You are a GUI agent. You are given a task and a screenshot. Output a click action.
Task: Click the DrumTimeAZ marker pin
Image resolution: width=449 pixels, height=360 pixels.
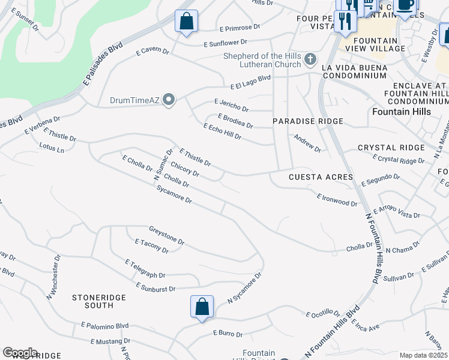(x=169, y=100)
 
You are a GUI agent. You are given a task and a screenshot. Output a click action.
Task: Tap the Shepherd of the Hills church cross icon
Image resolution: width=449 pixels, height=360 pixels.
(x=310, y=59)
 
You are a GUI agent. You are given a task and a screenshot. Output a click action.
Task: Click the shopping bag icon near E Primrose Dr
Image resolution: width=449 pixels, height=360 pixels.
(x=187, y=21)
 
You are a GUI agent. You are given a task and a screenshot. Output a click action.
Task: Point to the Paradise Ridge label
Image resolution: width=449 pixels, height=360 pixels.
(x=308, y=121)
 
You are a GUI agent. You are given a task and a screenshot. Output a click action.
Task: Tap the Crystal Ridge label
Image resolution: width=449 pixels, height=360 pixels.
(x=387, y=148)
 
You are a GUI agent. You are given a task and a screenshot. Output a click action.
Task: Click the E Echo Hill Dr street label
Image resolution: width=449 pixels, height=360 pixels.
(x=222, y=132)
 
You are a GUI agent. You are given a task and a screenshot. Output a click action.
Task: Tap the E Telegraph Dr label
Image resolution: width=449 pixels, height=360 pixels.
(x=145, y=269)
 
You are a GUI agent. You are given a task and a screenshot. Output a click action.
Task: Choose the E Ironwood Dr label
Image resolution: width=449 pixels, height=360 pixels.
(x=337, y=199)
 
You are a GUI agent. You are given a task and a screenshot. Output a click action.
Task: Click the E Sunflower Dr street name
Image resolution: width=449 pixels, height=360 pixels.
(x=226, y=43)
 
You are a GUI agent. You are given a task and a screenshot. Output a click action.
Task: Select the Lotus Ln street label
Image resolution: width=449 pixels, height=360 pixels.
(x=51, y=148)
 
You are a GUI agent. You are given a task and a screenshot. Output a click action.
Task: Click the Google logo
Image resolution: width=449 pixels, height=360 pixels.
(x=20, y=353)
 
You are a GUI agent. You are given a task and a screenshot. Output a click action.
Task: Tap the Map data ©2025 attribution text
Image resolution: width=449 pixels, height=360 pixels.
(x=424, y=355)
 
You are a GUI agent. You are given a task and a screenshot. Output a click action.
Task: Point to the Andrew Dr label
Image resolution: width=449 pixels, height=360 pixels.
(x=307, y=143)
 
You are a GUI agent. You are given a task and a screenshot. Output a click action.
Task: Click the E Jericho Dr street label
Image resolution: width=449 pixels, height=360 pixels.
(x=231, y=105)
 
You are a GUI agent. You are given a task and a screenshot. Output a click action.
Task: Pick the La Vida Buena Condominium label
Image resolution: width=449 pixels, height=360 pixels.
(x=360, y=72)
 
